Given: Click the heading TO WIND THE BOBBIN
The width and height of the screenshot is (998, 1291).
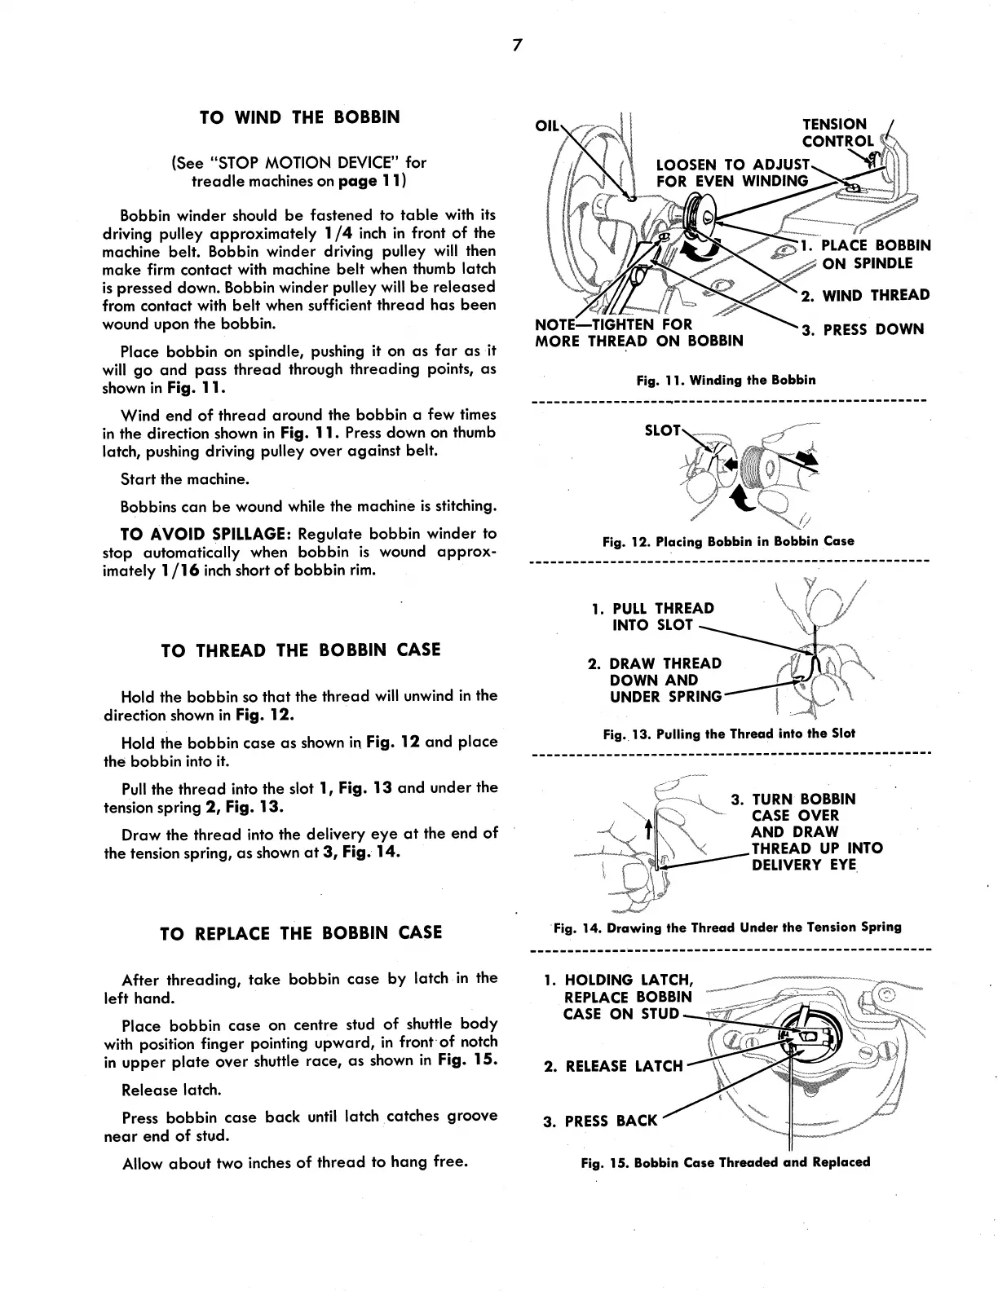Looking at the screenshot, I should tap(300, 117).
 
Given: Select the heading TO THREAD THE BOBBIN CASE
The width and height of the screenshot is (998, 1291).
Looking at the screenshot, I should tap(300, 650).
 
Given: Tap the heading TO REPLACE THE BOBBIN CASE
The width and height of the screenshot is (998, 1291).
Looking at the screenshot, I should tap(301, 933).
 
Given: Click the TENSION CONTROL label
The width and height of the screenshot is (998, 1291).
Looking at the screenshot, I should tap(837, 133).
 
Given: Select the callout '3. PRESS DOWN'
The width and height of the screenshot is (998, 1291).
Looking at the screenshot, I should tap(863, 330).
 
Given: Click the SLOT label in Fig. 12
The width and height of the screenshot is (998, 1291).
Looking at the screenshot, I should tap(662, 430).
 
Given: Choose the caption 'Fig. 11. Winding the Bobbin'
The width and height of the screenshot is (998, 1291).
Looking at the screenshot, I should tap(726, 380).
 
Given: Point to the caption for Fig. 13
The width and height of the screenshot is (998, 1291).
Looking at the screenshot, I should tap(729, 734).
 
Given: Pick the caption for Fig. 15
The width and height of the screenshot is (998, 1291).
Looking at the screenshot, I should tap(726, 1162).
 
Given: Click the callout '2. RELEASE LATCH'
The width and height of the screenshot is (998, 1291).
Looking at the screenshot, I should tap(613, 1066).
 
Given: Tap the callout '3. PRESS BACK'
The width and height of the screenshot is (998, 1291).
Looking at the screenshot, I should tap(600, 1121).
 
